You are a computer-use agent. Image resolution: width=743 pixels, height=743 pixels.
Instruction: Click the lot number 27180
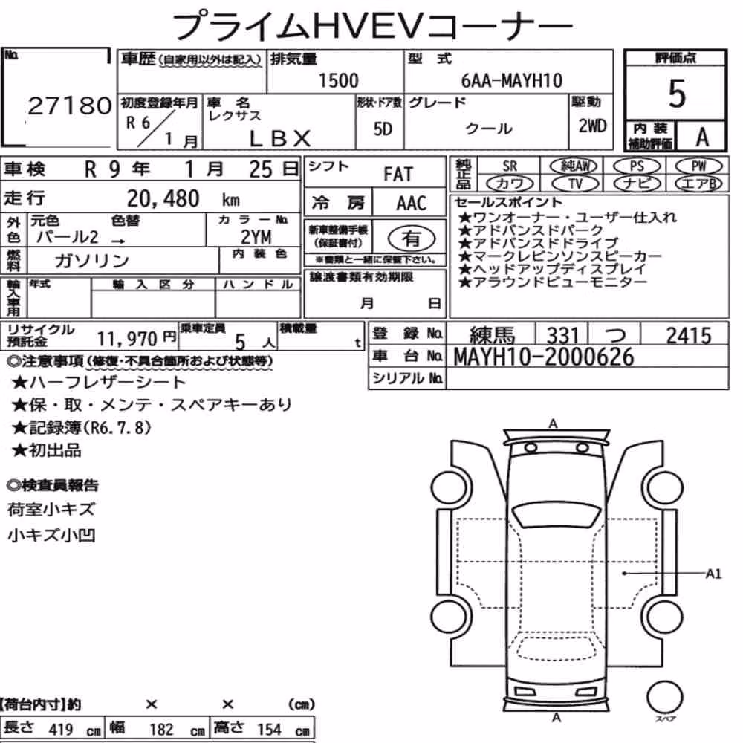(70, 106)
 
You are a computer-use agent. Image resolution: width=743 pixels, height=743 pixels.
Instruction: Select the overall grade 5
(677, 94)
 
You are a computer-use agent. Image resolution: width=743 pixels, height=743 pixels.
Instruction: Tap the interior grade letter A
(702, 137)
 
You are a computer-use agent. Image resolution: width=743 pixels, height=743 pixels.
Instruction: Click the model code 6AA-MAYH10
(512, 80)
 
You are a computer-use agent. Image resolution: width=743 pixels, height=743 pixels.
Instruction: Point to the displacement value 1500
(338, 80)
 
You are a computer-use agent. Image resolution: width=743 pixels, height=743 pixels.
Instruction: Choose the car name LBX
(279, 138)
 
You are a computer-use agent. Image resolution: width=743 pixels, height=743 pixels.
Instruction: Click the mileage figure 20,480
(163, 198)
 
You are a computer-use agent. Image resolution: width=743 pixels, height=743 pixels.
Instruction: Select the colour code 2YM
(256, 237)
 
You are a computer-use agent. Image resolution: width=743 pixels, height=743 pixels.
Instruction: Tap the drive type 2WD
(592, 126)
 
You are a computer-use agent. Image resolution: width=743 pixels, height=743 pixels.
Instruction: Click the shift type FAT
(398, 175)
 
